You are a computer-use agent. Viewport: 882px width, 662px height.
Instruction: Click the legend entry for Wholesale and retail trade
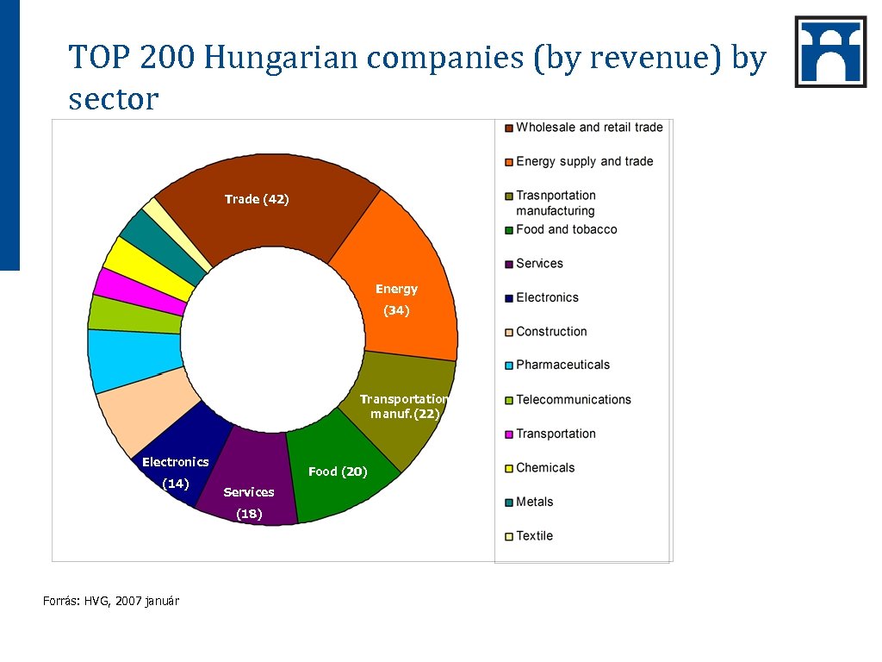click(x=589, y=128)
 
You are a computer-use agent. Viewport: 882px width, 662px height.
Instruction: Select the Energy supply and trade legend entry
click(x=584, y=161)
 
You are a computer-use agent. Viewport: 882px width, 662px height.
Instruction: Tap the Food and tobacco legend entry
click(x=566, y=229)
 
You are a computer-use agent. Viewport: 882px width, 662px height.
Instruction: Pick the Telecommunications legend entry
click(x=573, y=399)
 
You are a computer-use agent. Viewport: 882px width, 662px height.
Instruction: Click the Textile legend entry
click(x=534, y=535)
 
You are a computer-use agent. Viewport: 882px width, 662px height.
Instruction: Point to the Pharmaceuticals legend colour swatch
click(x=509, y=365)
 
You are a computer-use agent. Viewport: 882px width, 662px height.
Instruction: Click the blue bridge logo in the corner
click(x=830, y=52)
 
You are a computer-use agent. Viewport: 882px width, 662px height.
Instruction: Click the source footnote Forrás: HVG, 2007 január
click(x=111, y=601)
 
